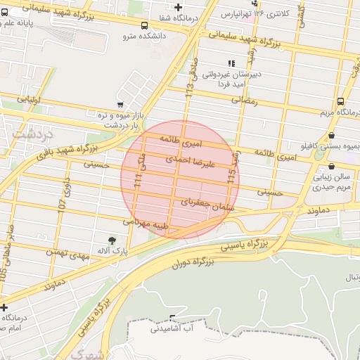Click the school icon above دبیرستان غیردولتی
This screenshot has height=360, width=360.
click(232, 63)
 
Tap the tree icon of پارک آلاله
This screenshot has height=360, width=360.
click(112, 240)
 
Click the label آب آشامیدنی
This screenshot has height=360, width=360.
click(172, 328)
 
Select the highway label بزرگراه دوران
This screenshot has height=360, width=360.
click(191, 263)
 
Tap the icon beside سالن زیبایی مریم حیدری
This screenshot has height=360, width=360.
click(330, 167)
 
